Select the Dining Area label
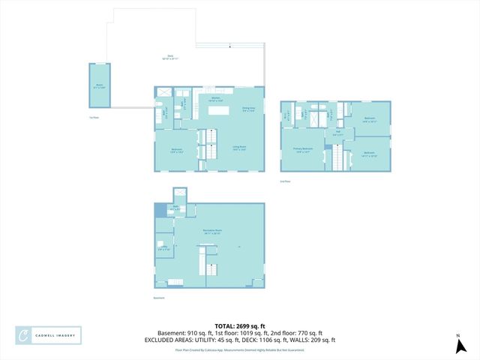coord(248,109)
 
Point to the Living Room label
coord(238,148)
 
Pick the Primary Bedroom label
coord(302,150)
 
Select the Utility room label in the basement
coord(163,247)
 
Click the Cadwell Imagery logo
coord(49,335)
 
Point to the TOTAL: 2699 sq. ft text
coord(239,325)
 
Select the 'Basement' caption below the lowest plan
coord(158,298)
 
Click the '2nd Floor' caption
coord(285,181)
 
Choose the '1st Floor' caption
coord(94,118)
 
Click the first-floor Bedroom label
coord(175,150)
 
